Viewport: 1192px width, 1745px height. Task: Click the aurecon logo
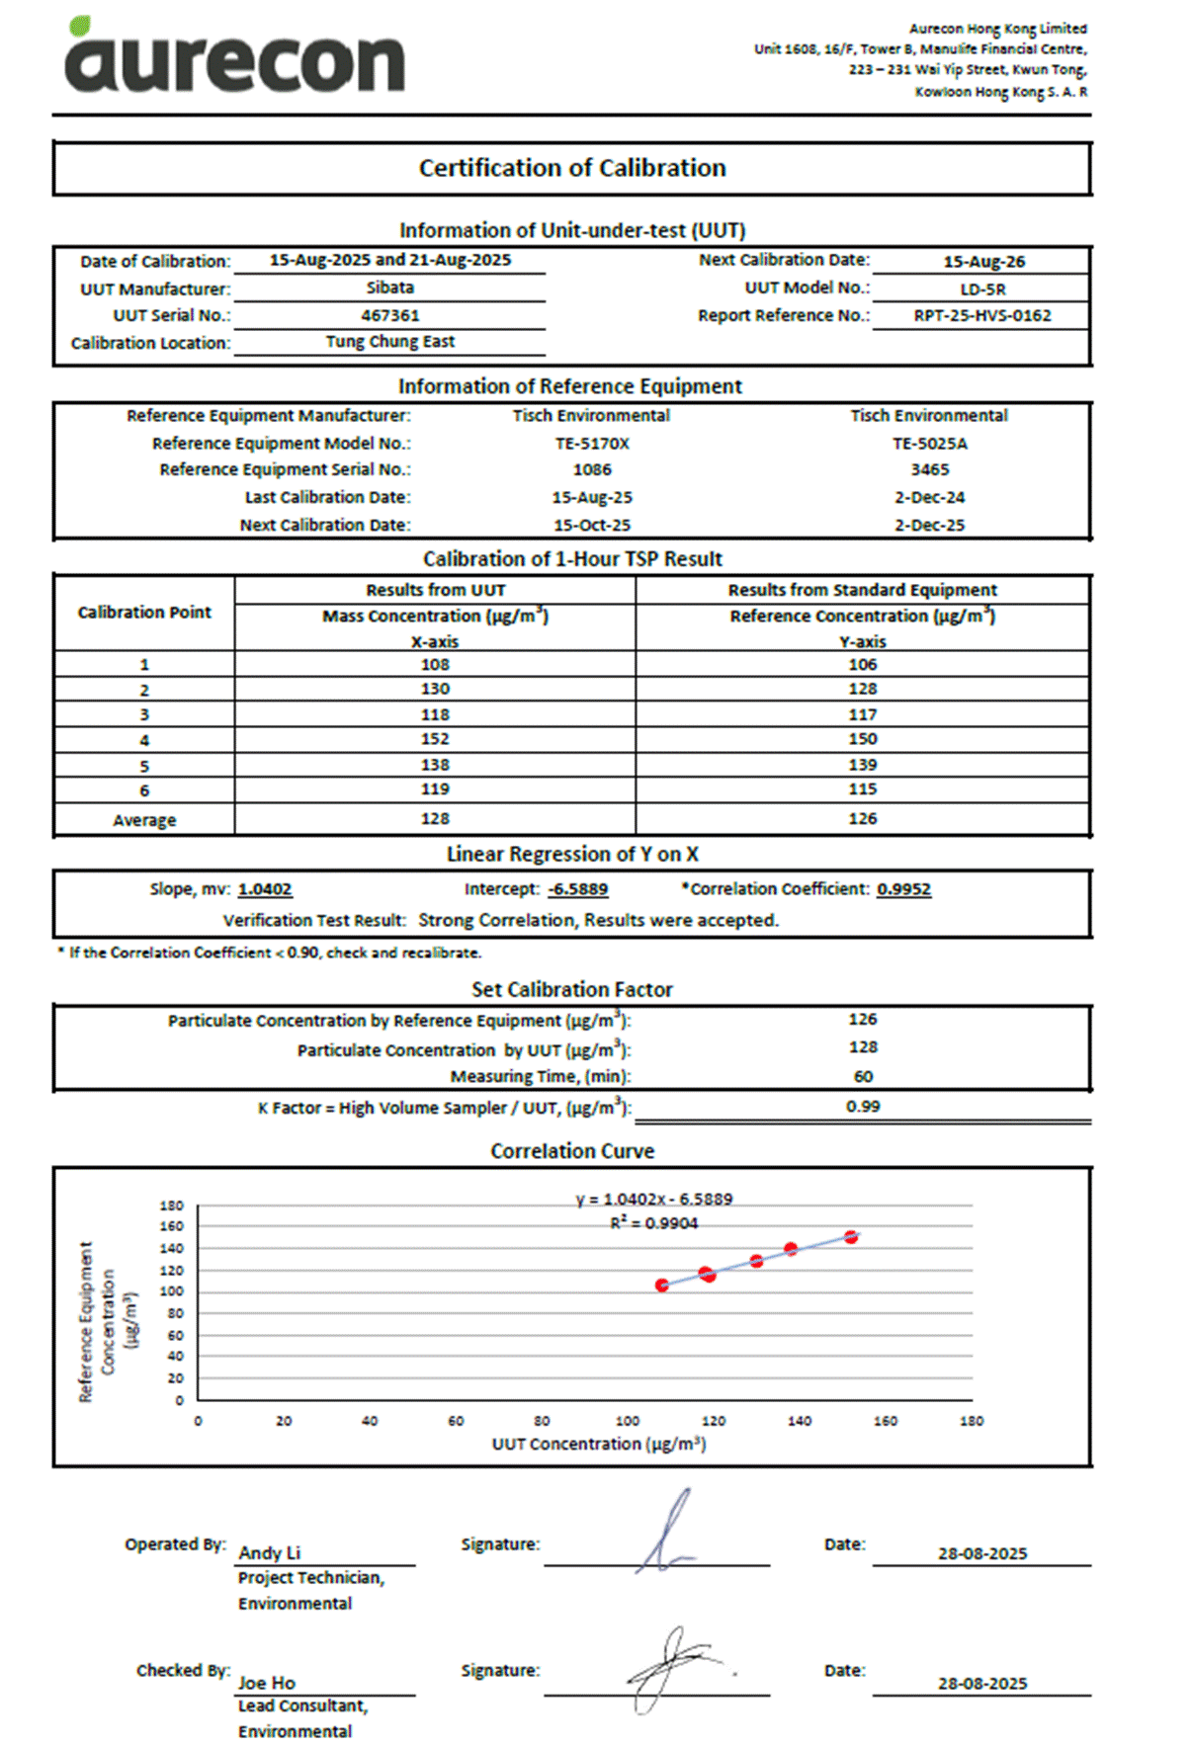pyautogui.click(x=234, y=57)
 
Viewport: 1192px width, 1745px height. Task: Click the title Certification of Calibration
pyautogui.click(x=572, y=168)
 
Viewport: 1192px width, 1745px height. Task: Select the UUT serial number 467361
pyautogui.click(x=390, y=315)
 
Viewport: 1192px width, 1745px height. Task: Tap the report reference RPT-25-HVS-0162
pyautogui.click(x=982, y=315)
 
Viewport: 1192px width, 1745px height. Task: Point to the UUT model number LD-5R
pyautogui.click(x=982, y=290)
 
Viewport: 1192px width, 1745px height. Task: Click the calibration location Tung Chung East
pyautogui.click(x=390, y=342)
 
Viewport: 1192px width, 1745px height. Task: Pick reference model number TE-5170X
pyautogui.click(x=592, y=444)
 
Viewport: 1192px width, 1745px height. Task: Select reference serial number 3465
pyautogui.click(x=930, y=470)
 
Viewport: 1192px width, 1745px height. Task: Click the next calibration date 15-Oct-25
pyautogui.click(x=592, y=526)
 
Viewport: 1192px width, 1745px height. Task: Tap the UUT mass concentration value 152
pyautogui.click(x=435, y=739)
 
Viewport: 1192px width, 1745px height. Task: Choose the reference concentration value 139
pyautogui.click(x=863, y=765)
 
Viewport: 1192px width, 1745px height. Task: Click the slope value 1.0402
pyautogui.click(x=265, y=889)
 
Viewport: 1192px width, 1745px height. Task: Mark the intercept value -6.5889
pyautogui.click(x=578, y=889)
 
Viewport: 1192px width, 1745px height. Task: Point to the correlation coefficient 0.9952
pyautogui.click(x=904, y=889)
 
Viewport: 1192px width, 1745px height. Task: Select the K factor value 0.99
pyautogui.click(x=863, y=1107)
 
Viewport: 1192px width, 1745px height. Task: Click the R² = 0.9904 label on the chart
pyautogui.click(x=654, y=1223)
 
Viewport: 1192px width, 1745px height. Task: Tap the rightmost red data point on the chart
pyautogui.click(x=851, y=1237)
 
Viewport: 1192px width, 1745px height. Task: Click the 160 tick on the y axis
pyautogui.click(x=172, y=1226)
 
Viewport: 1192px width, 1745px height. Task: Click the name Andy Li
pyautogui.click(x=270, y=1553)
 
